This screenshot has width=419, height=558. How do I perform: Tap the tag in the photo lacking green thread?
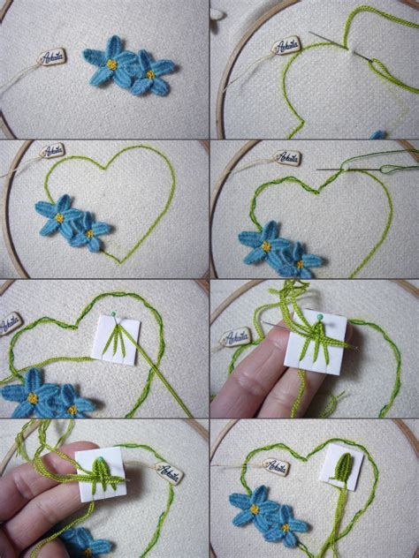point(51,58)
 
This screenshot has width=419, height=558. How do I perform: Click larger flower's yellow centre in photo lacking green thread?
point(112,64)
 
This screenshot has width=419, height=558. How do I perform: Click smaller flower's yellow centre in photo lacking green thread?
point(150,75)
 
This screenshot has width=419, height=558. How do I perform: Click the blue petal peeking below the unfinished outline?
point(378,134)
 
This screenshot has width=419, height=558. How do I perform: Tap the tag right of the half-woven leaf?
point(168,472)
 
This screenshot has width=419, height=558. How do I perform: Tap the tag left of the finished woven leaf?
point(275,466)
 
